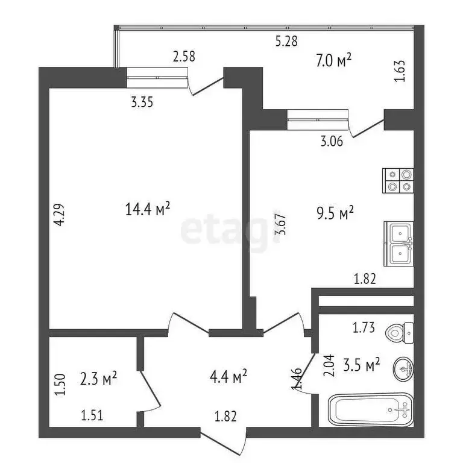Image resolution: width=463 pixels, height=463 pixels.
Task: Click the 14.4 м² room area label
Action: [148, 209]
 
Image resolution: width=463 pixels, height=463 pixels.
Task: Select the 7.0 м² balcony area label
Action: [333, 60]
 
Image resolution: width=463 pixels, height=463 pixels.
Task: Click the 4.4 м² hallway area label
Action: [228, 377]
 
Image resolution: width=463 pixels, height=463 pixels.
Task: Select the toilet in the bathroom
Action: [400, 331]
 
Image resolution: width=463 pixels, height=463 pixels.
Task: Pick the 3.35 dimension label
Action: [142, 102]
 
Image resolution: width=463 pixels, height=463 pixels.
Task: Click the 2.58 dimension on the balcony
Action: [184, 57]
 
